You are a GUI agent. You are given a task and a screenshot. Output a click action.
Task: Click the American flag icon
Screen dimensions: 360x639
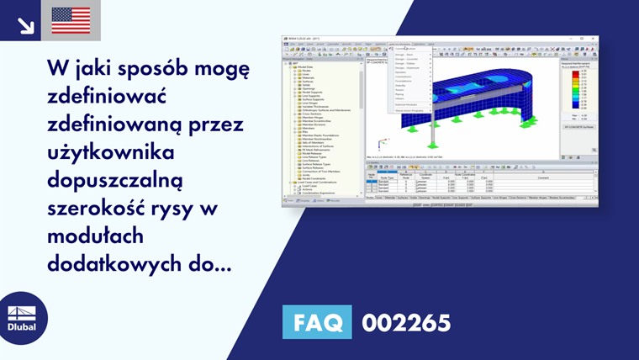[71, 20]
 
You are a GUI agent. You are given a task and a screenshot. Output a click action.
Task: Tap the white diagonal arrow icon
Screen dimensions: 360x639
[25, 24]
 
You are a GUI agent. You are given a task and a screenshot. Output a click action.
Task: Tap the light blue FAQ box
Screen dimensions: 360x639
[319, 322]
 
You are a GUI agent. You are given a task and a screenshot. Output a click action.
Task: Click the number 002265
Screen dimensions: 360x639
[406, 322]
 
